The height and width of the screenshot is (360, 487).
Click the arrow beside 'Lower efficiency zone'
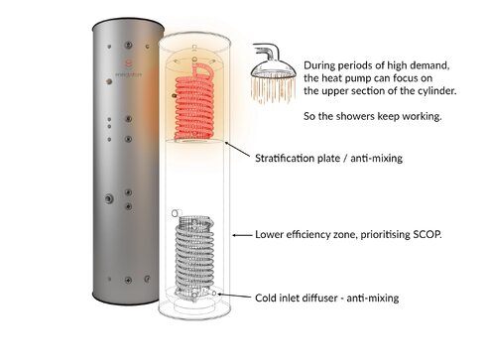click(x=239, y=235)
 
